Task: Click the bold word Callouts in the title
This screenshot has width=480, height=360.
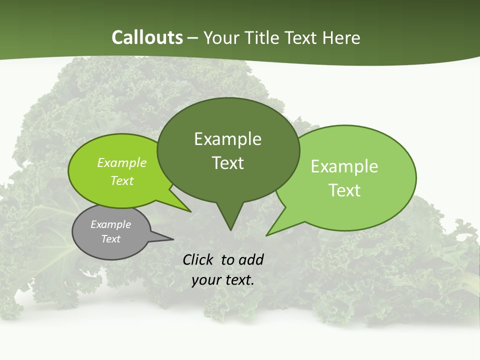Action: pos(147,37)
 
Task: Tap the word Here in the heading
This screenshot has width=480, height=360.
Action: pos(342,38)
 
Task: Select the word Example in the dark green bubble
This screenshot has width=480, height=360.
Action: pos(227,139)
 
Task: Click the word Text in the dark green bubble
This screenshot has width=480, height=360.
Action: pos(227,163)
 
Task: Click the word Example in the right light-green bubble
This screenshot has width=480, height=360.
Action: pos(344,166)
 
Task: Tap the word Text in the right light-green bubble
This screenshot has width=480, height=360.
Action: pos(344,190)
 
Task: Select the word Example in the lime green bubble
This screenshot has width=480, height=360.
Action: pos(122,163)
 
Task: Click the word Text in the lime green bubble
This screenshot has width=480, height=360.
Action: pos(122,181)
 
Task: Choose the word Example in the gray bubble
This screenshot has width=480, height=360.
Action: pos(110,224)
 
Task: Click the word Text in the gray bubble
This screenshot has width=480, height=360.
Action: pos(110,239)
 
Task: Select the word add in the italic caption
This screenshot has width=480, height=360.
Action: pos(251,259)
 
